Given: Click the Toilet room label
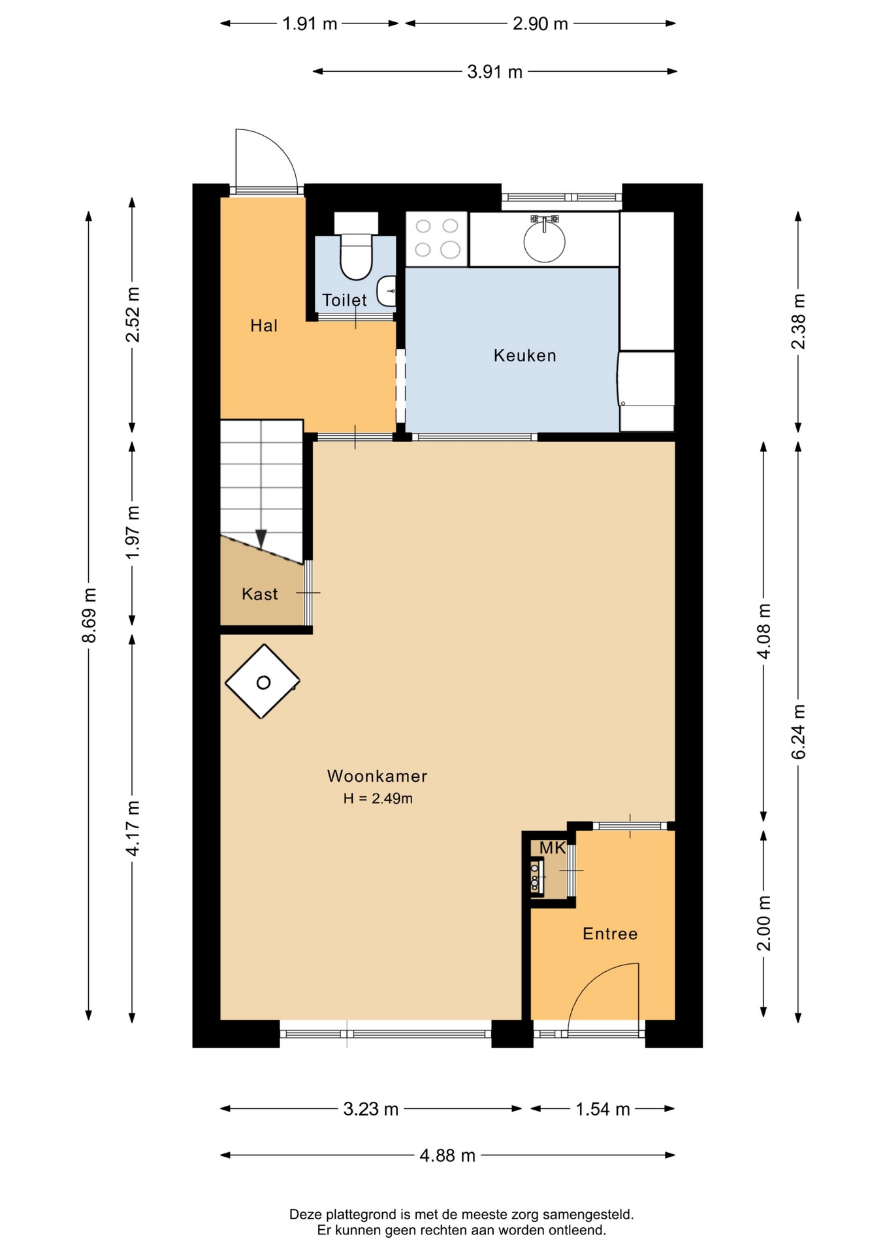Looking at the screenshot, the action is (344, 300).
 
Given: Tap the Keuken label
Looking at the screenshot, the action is (524, 355).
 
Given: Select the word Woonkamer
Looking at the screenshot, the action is (377, 776).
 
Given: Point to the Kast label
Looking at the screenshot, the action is (259, 594).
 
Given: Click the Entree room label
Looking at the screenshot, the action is (610, 933).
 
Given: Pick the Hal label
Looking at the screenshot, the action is (264, 325).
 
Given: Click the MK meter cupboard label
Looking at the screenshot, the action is (553, 848).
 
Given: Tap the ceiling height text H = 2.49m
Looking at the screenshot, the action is (378, 798).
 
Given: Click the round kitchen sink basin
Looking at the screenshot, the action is (544, 242).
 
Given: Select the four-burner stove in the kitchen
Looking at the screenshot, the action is (436, 238).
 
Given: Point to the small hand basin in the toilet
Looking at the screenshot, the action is (387, 291).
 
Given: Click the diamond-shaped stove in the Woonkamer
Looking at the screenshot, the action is (263, 682).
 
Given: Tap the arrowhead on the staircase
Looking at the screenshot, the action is (261, 539).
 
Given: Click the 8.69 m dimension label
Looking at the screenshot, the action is (89, 615).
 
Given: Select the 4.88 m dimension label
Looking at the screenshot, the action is (447, 1155).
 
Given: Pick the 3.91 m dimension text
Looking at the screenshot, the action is (494, 72).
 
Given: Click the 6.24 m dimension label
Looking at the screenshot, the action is (798, 731).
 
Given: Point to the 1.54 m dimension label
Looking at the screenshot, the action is (602, 1109).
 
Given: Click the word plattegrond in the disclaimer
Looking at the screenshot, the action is (362, 1215).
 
